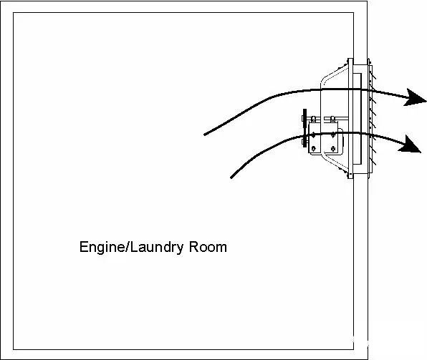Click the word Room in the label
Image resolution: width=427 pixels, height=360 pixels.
point(208,247)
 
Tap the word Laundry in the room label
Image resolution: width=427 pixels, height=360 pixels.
point(156,248)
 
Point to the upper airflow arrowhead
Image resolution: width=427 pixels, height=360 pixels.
point(415,97)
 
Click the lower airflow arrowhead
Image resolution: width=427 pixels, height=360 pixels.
point(410,145)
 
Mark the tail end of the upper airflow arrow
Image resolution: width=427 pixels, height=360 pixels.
point(205,135)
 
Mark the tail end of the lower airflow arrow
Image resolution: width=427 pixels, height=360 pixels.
point(231,177)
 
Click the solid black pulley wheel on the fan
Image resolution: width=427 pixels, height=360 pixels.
point(304,128)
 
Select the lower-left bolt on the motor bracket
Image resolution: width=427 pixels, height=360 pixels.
point(313,148)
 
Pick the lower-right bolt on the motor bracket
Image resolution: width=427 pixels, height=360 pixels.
point(332,148)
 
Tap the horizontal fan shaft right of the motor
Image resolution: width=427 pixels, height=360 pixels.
point(336,118)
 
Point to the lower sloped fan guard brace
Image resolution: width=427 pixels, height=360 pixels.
point(335,163)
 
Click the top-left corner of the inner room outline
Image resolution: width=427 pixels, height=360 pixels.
point(14,12)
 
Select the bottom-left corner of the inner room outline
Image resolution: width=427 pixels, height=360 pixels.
point(14,349)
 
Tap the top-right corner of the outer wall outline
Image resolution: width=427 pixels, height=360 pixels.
point(367,1)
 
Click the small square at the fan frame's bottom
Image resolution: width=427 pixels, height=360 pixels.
point(350,174)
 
